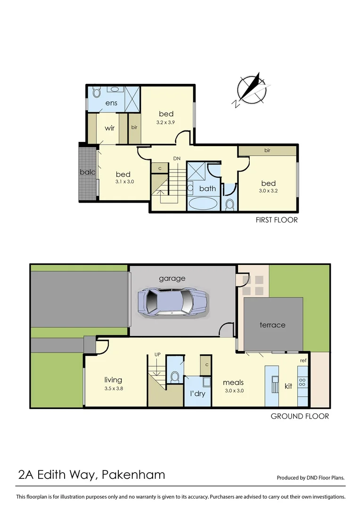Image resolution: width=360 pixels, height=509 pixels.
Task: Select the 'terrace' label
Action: coord(272,325)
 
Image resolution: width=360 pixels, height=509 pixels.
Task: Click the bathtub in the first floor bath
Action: coord(203,204)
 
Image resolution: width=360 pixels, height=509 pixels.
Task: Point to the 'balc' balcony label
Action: coord(88,172)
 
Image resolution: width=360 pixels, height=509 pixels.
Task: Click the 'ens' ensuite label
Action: coord(111,103)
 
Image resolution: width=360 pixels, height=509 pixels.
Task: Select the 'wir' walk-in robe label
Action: coord(109,128)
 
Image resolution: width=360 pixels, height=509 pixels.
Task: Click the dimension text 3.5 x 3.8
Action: coord(113,389)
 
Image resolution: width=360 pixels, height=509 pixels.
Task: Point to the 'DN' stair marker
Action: coord(177,158)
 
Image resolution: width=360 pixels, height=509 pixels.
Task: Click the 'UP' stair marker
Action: coord(158,355)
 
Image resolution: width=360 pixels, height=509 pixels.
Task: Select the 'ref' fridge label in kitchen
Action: coord(303,361)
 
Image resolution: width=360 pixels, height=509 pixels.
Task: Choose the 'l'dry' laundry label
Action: coord(197,393)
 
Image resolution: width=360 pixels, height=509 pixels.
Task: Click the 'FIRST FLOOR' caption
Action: coord(277,220)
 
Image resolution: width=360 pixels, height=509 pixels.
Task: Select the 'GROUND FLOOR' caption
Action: coord(300,416)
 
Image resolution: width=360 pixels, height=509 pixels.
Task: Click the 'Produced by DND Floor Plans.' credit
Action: coord(311,477)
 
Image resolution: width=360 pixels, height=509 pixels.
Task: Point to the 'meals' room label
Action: coord(233,382)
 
